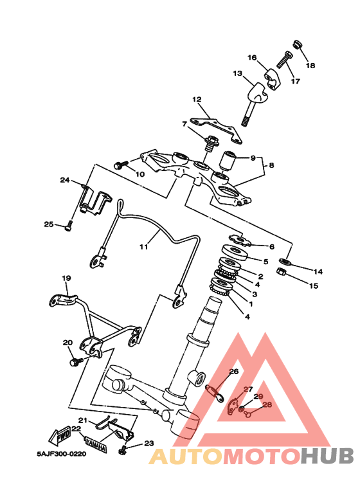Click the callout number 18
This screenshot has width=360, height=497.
coord(310,66)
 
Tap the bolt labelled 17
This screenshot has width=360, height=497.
coord(284,60)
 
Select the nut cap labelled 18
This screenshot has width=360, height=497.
coord(297,44)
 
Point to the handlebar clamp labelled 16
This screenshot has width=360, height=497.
coord(271,78)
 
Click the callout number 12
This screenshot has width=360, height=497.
coord(197,99)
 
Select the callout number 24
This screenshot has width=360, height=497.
coord(65,180)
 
